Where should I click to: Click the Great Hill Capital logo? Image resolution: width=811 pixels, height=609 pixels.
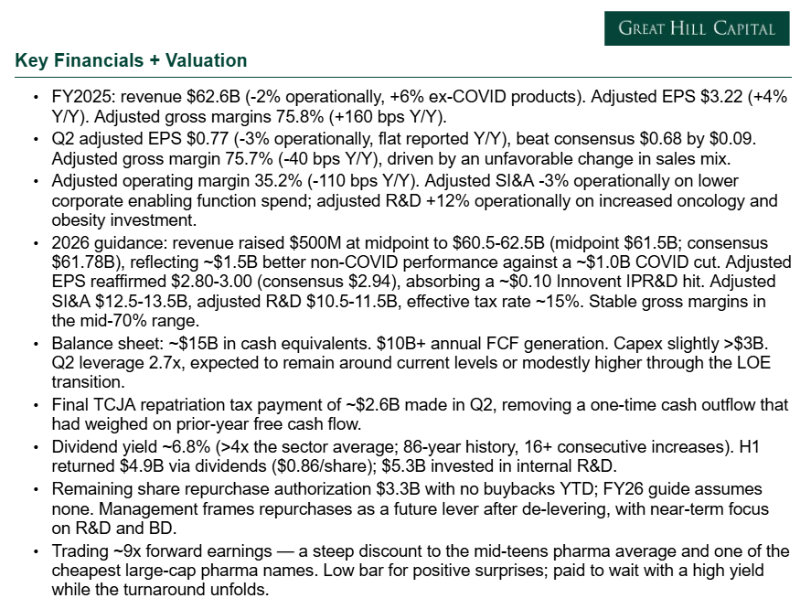697,28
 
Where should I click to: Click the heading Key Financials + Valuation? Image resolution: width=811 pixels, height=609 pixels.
131,60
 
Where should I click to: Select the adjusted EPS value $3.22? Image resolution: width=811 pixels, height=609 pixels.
721,97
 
